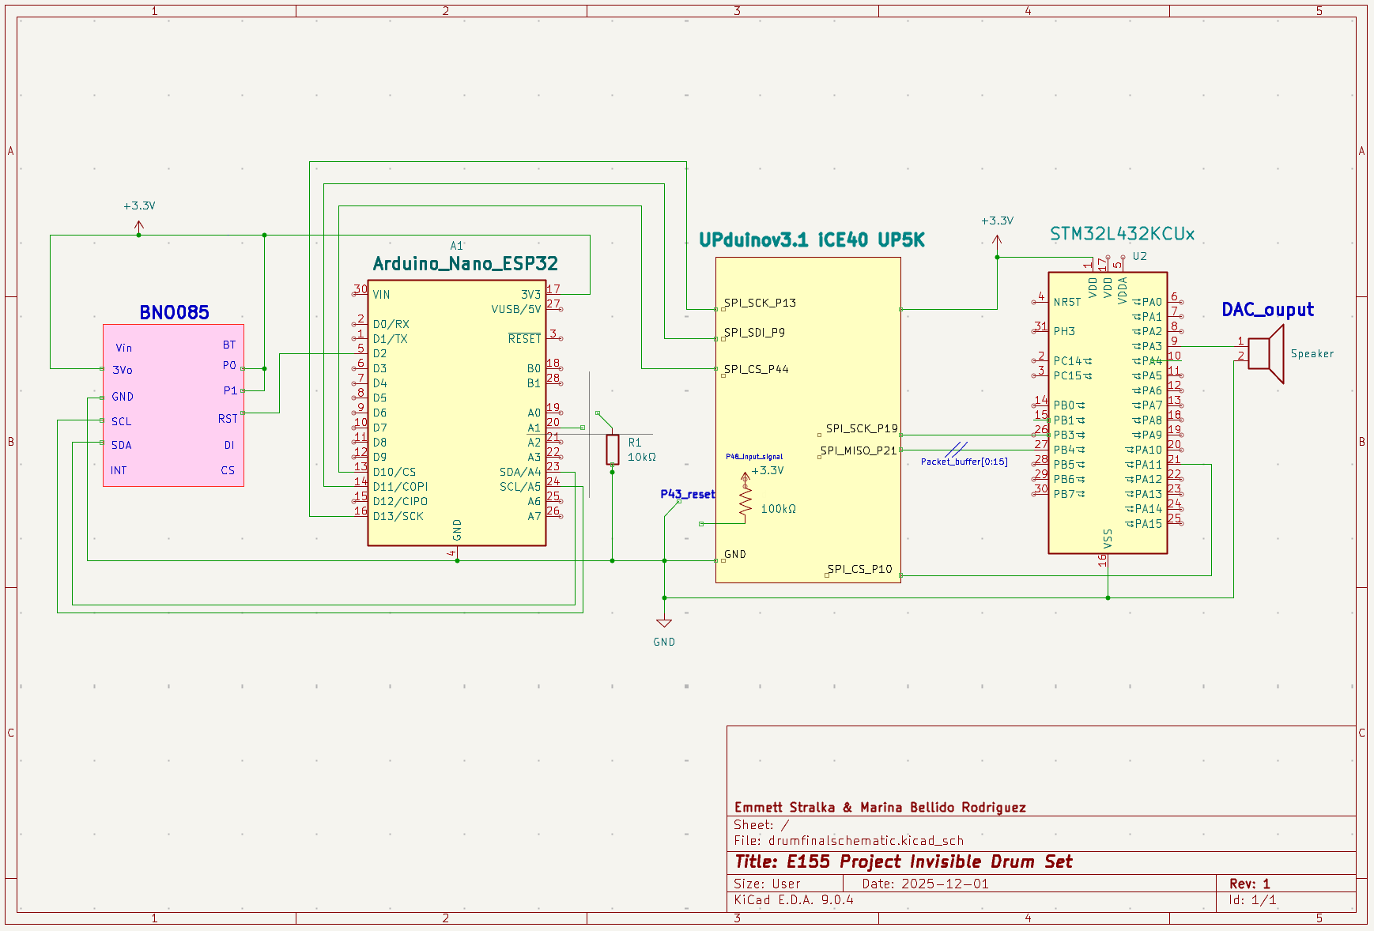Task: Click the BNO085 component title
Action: tap(174, 312)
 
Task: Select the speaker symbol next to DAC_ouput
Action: tap(1267, 353)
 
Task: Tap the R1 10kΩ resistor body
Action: tap(612, 449)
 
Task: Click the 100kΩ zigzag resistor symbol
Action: tap(745, 498)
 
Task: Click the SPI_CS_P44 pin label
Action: tap(756, 369)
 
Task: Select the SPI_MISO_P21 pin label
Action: tap(859, 450)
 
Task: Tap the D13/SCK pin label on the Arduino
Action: tap(398, 516)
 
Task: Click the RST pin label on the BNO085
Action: tap(228, 419)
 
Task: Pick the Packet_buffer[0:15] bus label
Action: tap(964, 462)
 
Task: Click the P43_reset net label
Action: tap(687, 494)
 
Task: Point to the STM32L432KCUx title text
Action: tap(1122, 234)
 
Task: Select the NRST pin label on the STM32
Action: tap(1066, 302)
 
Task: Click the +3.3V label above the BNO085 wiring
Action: tap(139, 205)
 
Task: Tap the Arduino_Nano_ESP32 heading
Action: tap(465, 263)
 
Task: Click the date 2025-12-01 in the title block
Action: tap(945, 884)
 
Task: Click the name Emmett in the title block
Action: tap(760, 807)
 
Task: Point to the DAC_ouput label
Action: tap(1267, 310)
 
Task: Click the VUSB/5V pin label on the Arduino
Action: tap(515, 309)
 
